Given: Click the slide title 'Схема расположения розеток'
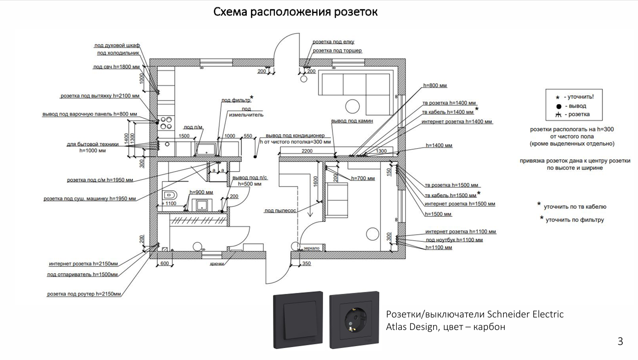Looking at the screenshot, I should pos(295,12).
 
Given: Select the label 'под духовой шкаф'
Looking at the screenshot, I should pos(118,46).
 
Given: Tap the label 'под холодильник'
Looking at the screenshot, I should pos(118,53).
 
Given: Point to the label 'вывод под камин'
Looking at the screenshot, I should pos(352,121).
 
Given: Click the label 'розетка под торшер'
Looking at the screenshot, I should pos(337,51).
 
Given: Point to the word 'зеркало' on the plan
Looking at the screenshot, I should pos(311,248).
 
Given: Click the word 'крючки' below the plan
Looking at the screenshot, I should pos(217,264).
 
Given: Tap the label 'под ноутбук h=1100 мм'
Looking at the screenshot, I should pos(454,240).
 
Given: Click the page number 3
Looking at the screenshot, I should pos(620,342).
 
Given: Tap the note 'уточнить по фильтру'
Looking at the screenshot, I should pos(574,219).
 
